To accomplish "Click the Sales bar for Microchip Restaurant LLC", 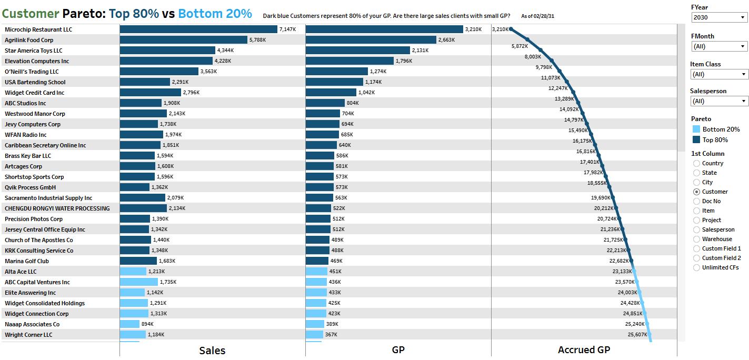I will [198, 29].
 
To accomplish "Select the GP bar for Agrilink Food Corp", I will [371, 40].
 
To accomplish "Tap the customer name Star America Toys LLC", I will [34, 51].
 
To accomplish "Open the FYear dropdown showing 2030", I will [720, 17].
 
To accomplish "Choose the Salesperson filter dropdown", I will [720, 101].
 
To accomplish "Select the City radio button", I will [697, 182].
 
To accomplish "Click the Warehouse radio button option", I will [697, 239].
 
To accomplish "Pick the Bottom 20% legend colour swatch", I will [696, 129].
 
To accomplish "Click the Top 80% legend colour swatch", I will [696, 140].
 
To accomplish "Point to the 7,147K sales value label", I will [287, 29].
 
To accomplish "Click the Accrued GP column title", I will [584, 350].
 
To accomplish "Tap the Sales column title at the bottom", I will [212, 351].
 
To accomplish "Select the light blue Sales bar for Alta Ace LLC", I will [133, 272].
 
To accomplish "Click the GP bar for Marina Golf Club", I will [317, 261].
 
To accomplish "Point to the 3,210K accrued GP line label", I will [500, 29].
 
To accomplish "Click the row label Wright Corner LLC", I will [28, 335].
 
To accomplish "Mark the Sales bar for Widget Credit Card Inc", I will [151, 93].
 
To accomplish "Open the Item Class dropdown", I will [720, 74].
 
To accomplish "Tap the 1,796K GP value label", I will [404, 61].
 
